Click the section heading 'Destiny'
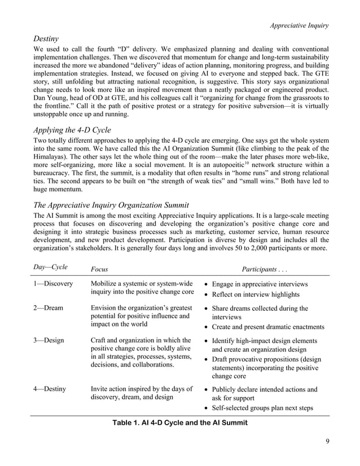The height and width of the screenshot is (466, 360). (47, 39)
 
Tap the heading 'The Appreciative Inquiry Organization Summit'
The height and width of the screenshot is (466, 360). (111, 205)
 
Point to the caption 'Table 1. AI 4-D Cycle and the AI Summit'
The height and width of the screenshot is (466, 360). (180, 422)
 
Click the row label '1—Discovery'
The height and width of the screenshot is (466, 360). (54, 284)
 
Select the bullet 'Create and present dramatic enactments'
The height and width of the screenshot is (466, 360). (267, 327)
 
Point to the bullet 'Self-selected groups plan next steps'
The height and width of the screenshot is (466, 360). (262, 408)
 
